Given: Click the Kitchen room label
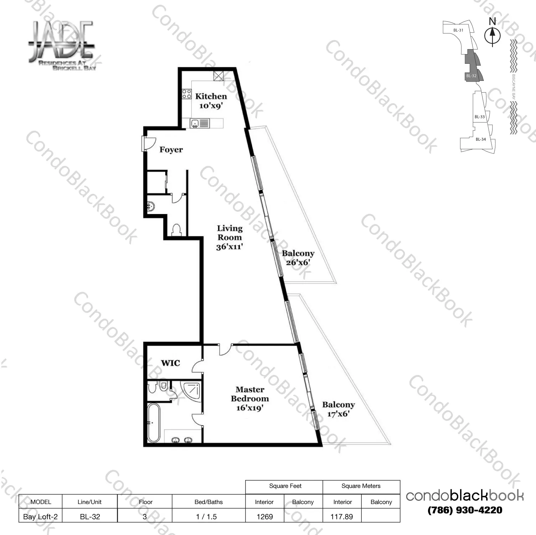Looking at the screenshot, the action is coord(211,96).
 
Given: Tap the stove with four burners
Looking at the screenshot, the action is coord(187,94).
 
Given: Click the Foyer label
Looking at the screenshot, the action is coord(171,150).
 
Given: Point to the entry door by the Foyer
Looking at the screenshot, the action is coord(147,144).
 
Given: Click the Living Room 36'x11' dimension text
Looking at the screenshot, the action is coord(230,246).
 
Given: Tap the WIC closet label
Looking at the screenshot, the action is coord(170,363).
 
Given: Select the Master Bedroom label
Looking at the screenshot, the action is coord(250,394).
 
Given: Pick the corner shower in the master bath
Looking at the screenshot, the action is coord(191,392).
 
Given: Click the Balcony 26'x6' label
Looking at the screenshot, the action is coord(298,258).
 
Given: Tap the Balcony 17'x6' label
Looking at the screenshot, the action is coord(338,409).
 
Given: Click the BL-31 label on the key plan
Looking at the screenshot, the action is coord(458,30).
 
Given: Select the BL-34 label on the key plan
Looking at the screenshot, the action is coord(480,139).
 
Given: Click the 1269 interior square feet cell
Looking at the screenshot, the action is coord(265,516).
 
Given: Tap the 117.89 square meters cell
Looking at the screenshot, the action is coord(341,516).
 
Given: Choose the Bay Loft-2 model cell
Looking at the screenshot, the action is coord(40,516).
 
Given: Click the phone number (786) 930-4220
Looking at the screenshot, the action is coord(465,510).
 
